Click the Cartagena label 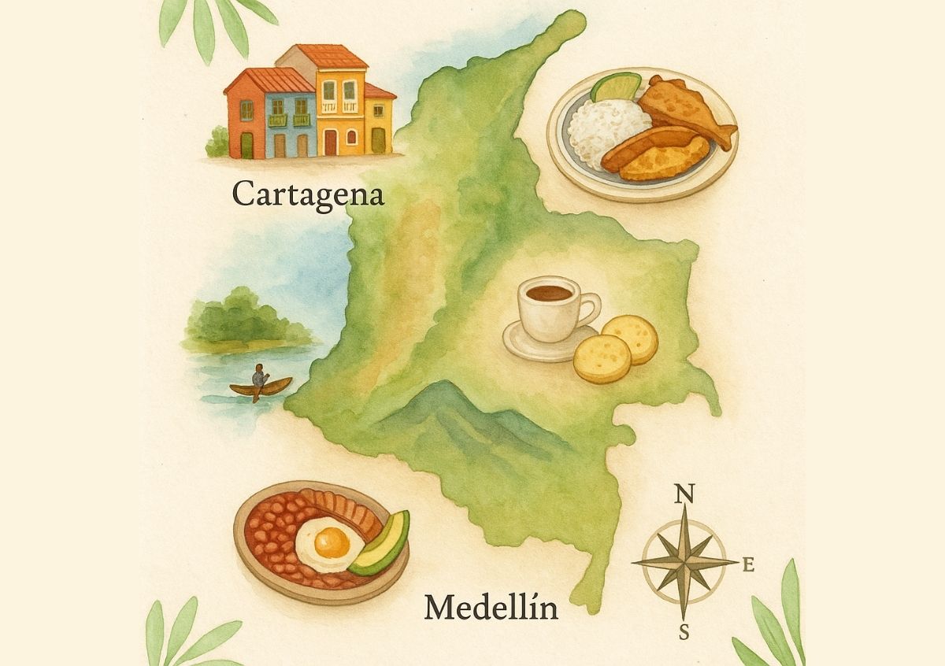point(308,194)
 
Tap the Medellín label point(491,608)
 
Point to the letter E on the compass point(749,564)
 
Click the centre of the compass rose point(684,562)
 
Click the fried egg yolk point(332,541)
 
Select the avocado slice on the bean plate point(382,544)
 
